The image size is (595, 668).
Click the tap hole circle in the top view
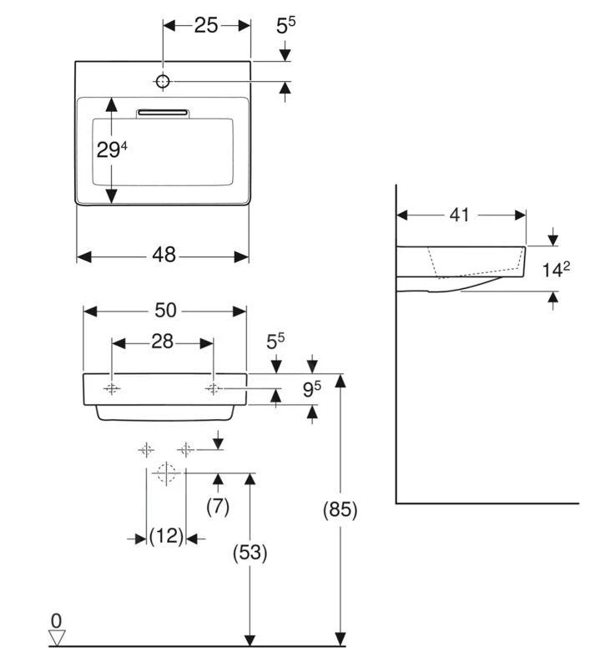click(x=164, y=81)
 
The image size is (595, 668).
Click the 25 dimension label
click(x=205, y=25)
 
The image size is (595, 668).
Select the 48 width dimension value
click(x=164, y=256)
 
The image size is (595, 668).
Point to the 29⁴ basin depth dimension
click(x=112, y=150)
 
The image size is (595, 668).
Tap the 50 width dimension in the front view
click(x=165, y=310)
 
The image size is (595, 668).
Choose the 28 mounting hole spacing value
click(x=163, y=342)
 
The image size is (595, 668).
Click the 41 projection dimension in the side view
click(x=459, y=215)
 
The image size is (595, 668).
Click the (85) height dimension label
click(x=340, y=510)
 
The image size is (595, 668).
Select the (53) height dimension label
click(x=249, y=552)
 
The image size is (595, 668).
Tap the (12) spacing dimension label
click(x=166, y=537)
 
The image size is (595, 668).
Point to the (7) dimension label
click(x=217, y=507)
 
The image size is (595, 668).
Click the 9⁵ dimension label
click(x=311, y=388)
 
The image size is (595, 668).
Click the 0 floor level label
click(x=56, y=620)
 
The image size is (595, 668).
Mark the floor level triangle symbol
click(x=57, y=637)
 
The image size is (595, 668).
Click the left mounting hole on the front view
click(x=112, y=389)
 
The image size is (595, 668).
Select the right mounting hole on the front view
click(x=214, y=389)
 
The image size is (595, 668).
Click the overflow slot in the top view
click(x=164, y=112)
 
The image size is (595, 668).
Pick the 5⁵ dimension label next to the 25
click(x=285, y=26)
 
